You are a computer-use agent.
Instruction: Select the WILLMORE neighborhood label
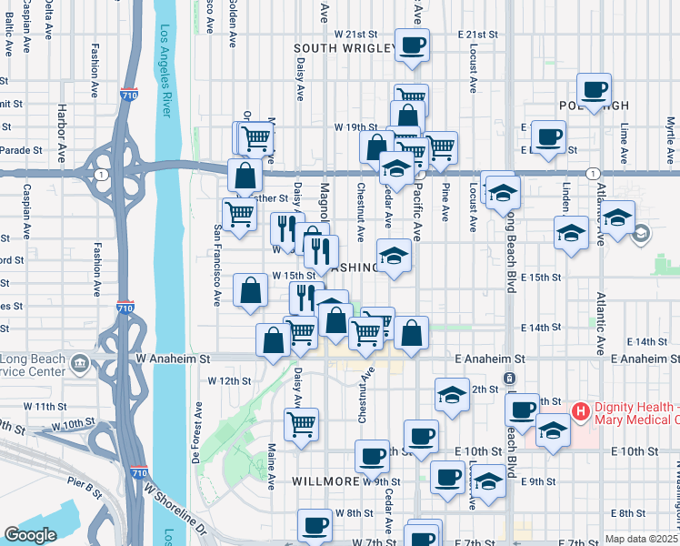(325, 480)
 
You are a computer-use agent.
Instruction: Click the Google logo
(30, 535)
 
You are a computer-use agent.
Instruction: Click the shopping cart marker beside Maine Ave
(302, 422)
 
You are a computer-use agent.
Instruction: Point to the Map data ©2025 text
(640, 539)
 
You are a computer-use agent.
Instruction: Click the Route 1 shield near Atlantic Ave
(592, 173)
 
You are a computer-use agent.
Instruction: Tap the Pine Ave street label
(445, 200)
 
